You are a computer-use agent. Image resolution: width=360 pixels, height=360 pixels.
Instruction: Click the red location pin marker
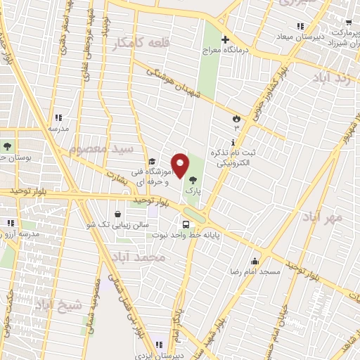pos(180,165)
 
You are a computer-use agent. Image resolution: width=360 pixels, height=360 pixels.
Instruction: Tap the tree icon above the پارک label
pos(193,181)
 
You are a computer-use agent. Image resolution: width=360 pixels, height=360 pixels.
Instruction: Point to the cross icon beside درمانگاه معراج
pos(225,39)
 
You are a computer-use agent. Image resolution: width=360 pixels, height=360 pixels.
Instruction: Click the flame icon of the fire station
pos(237,118)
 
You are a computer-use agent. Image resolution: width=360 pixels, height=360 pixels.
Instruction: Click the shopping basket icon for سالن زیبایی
pos(117,214)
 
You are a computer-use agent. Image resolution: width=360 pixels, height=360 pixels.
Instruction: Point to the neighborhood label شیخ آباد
pos(58,304)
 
